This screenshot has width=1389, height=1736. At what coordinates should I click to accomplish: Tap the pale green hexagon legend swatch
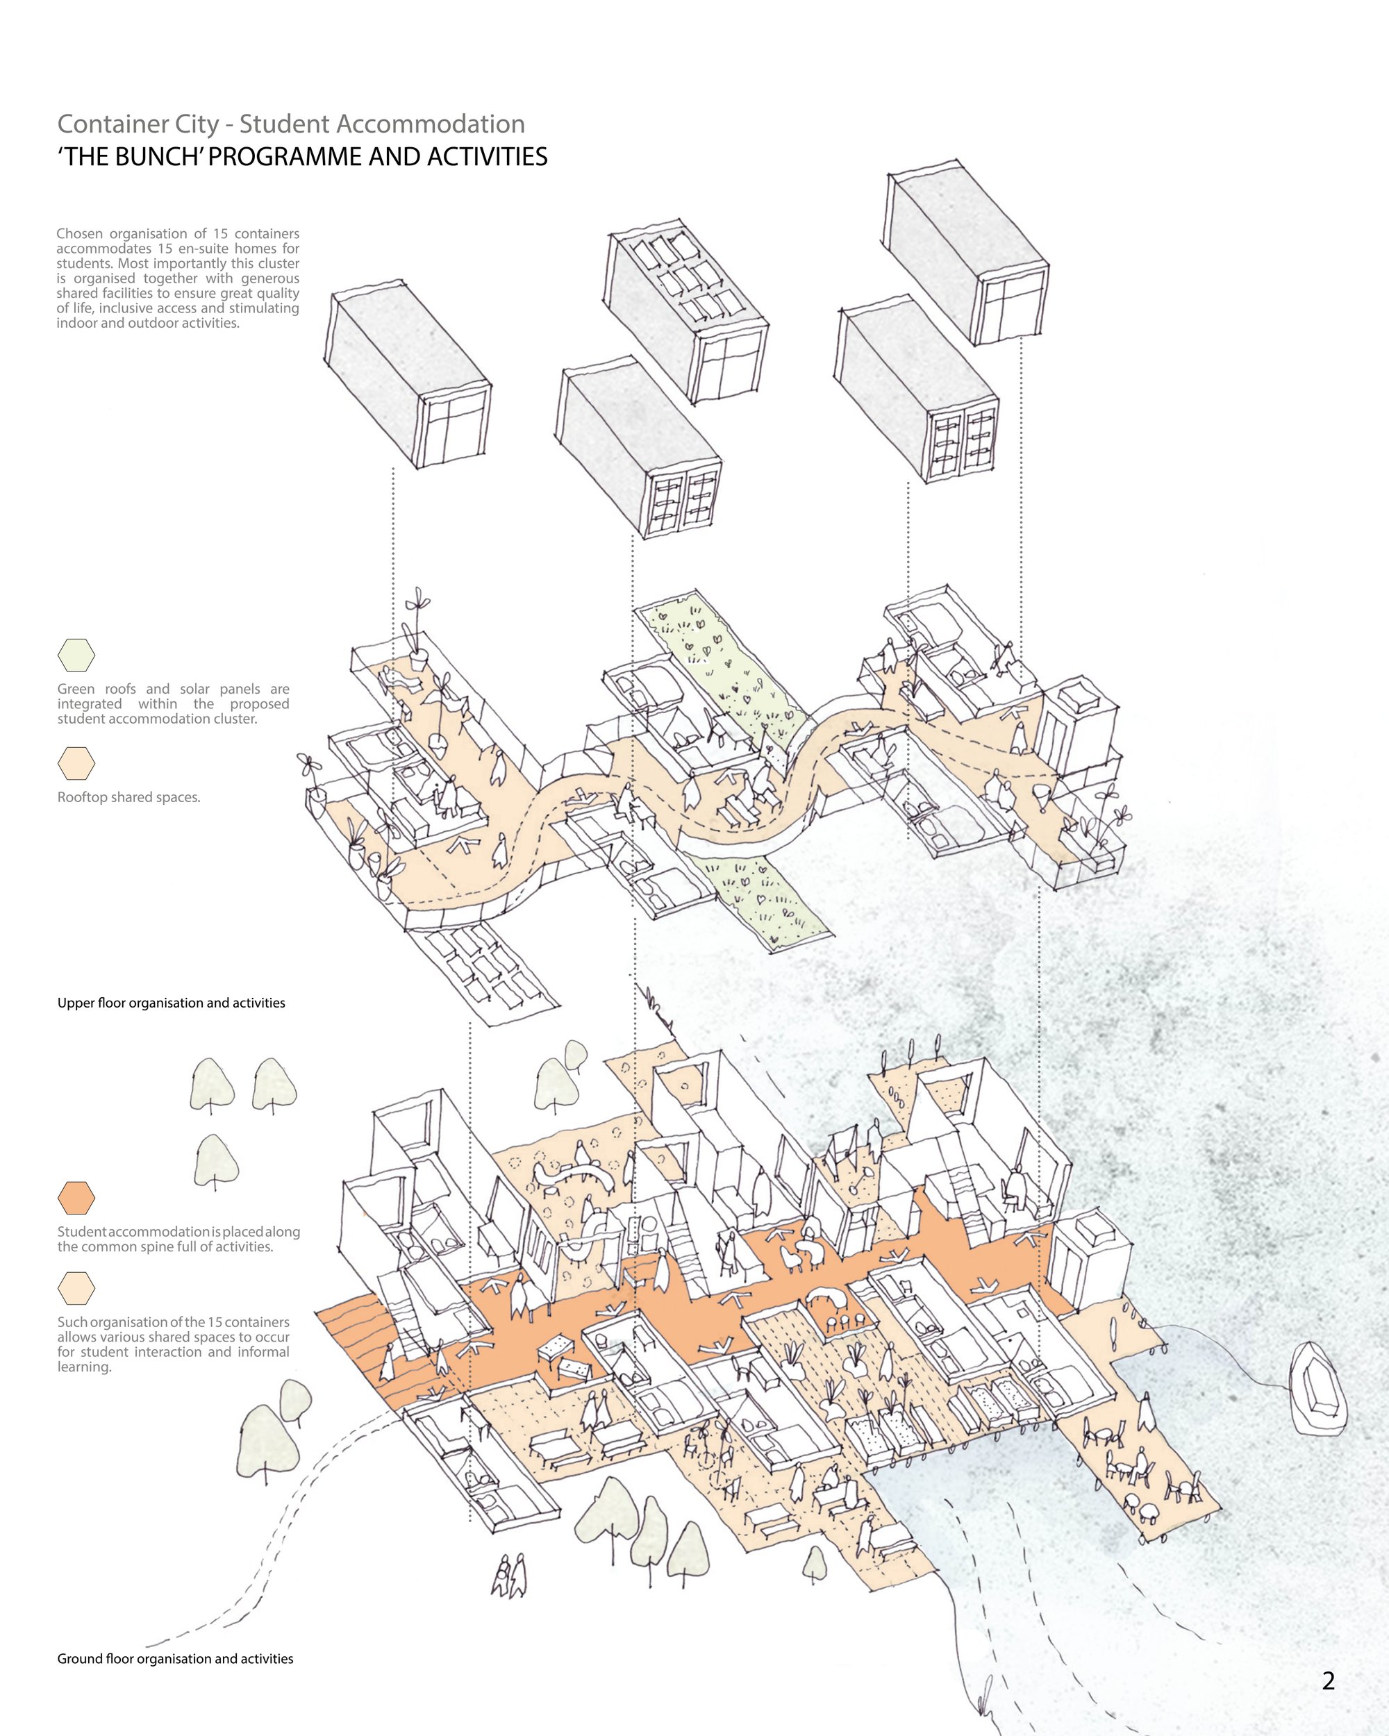click(76, 656)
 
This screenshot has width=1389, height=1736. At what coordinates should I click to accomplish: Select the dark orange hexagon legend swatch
click(76, 1198)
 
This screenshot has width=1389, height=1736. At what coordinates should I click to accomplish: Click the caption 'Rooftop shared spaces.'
click(129, 797)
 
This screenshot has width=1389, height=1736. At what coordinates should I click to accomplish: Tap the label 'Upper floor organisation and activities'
click(172, 1003)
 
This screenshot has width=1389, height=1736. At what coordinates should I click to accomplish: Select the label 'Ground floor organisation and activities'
click(176, 1659)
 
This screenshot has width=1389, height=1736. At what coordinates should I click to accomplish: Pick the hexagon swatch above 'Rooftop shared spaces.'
click(76, 763)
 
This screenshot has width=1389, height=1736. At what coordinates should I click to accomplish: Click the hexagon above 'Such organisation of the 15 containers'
click(76, 1288)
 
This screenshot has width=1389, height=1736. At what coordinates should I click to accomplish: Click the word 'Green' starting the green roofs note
click(75, 690)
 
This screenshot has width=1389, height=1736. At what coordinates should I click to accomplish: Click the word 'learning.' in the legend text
click(84, 1367)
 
